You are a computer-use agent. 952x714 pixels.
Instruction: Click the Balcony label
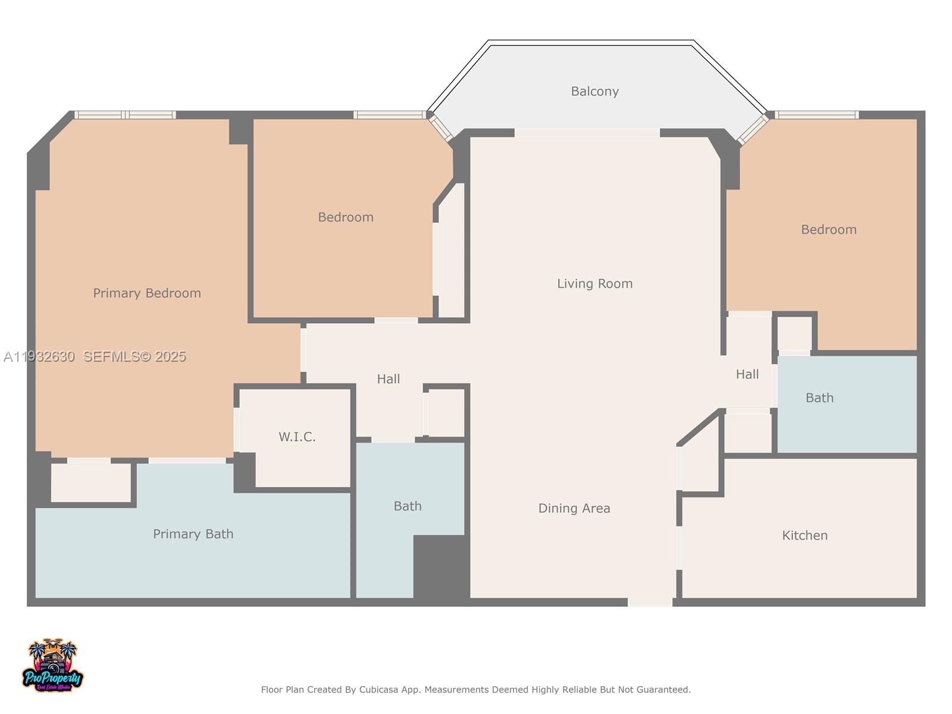click(x=594, y=91)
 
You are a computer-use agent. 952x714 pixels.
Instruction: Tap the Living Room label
click(x=594, y=284)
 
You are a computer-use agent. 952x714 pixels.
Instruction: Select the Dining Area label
click(x=574, y=508)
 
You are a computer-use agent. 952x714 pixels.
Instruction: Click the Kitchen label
click(x=804, y=535)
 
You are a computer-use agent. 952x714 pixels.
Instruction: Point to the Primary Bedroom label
click(x=146, y=293)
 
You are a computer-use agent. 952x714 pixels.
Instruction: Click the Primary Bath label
click(x=193, y=534)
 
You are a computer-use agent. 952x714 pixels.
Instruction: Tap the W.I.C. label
click(x=297, y=437)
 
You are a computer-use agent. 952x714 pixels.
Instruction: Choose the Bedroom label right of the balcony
click(x=828, y=230)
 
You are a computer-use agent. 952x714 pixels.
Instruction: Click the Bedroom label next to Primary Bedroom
click(x=345, y=217)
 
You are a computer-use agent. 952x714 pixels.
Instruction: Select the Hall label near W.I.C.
click(x=388, y=379)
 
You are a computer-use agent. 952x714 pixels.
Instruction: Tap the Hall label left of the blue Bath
click(x=747, y=374)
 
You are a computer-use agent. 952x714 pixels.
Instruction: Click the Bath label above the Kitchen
click(x=819, y=398)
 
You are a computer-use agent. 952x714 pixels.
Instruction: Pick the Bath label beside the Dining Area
click(x=407, y=506)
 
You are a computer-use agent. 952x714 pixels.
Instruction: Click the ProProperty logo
click(x=52, y=666)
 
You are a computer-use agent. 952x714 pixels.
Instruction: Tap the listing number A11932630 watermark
click(x=39, y=356)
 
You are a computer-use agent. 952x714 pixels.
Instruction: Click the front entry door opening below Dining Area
click(x=650, y=602)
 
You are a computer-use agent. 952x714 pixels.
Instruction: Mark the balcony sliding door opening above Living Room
click(x=587, y=133)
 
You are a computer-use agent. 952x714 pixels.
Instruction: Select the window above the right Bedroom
click(x=816, y=115)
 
